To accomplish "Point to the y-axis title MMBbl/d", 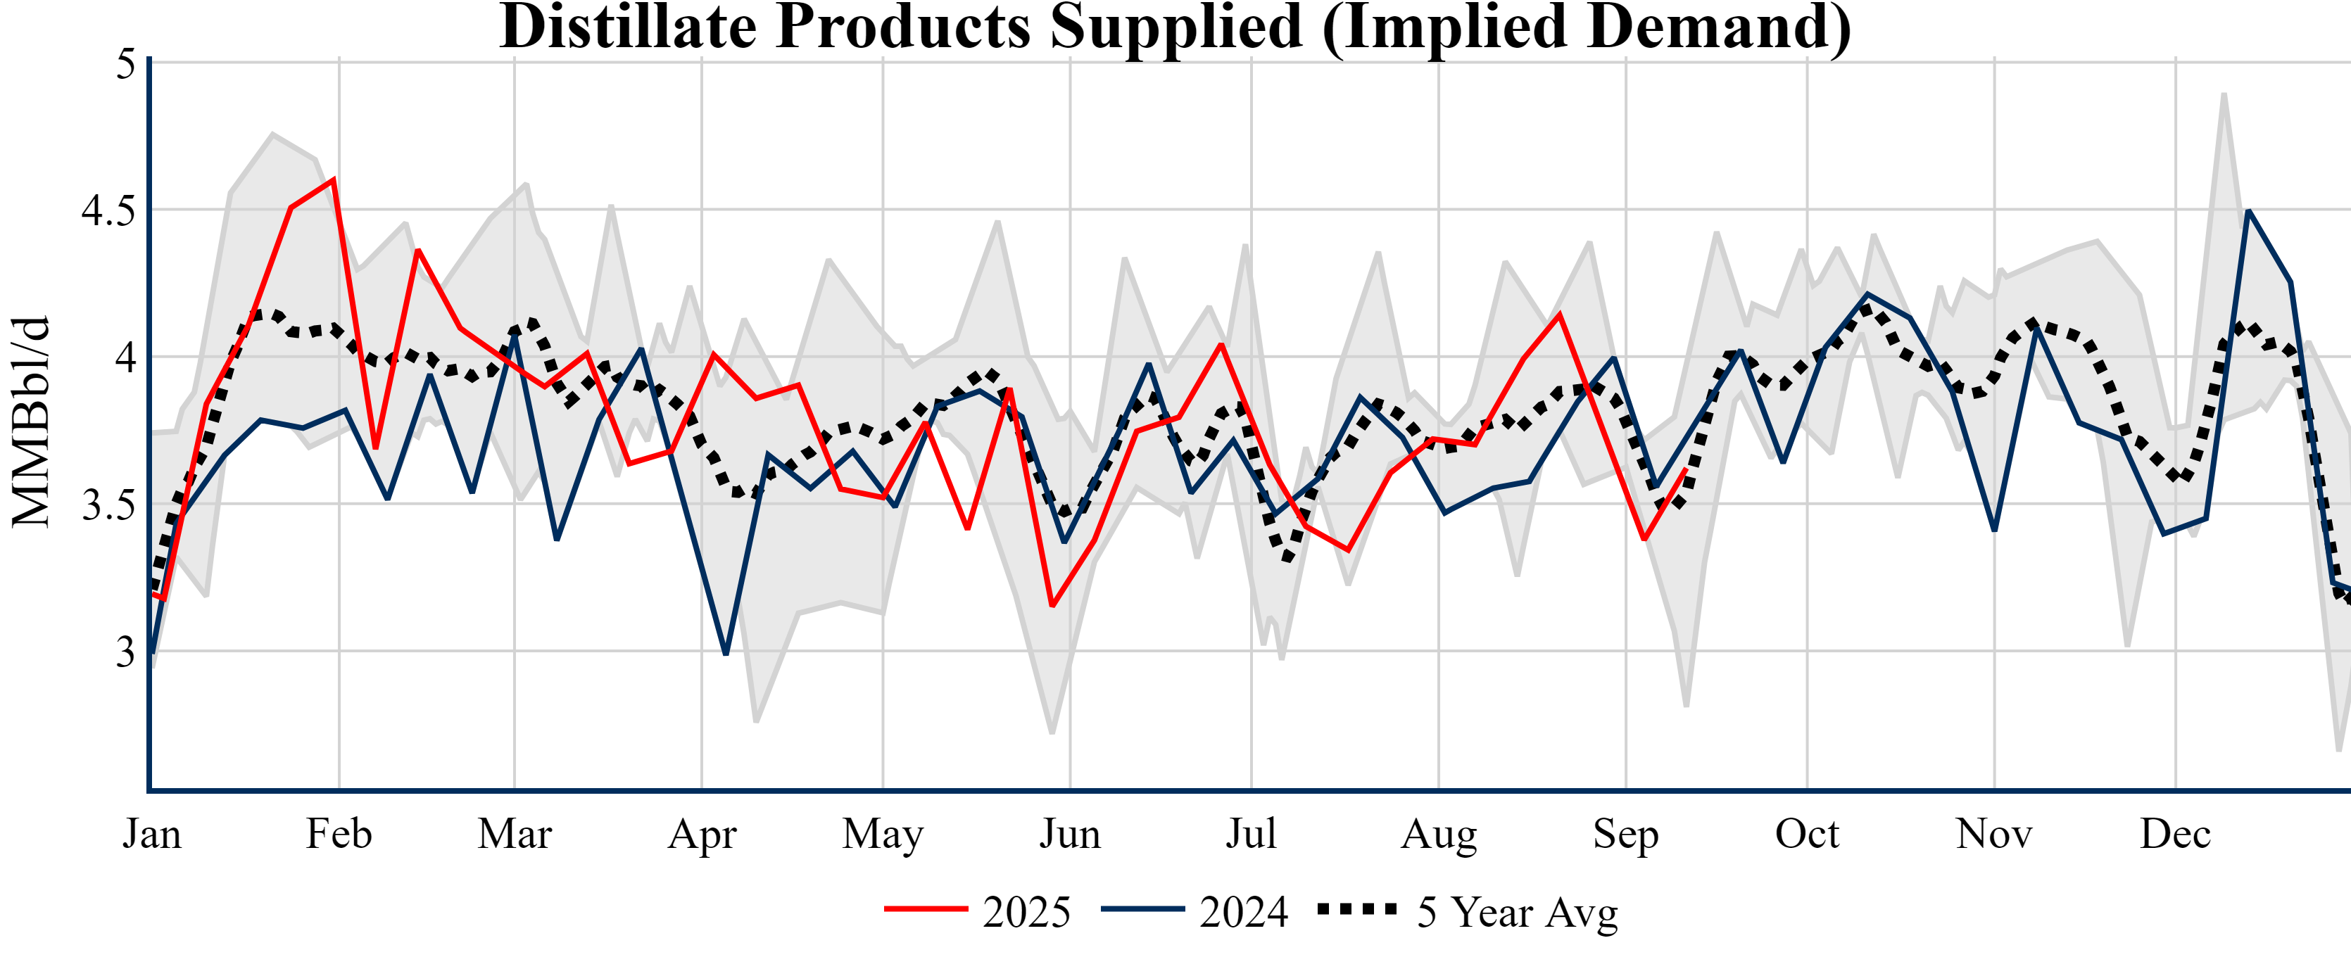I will [x=31, y=422].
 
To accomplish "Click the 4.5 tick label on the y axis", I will [x=108, y=210].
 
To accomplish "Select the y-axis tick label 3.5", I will [x=108, y=505].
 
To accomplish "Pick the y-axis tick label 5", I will [x=125, y=64].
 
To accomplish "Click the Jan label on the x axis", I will [x=151, y=834].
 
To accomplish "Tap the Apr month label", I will [x=702, y=834].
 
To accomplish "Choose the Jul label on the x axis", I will [x=1250, y=834].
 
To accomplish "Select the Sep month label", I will [x=1625, y=834].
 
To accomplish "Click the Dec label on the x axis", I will [x=2176, y=834].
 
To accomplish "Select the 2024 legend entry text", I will [x=1243, y=911].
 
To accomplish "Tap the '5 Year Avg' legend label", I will [x=1517, y=911].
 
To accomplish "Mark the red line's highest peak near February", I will [x=334, y=179].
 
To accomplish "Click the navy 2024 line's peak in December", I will [x=2248, y=212].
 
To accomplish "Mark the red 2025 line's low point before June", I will [x=1052, y=606].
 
